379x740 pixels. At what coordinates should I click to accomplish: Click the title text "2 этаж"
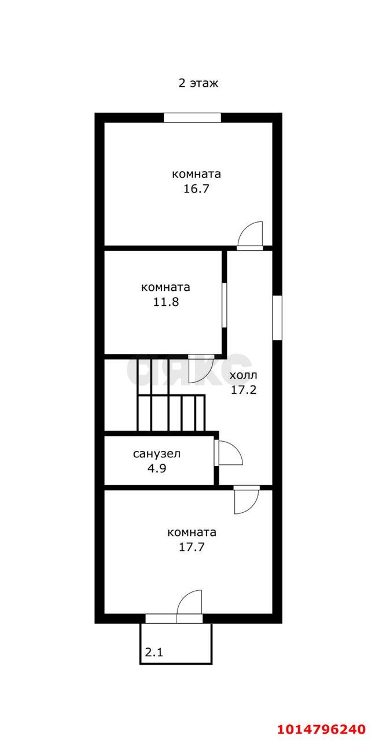tap(198, 83)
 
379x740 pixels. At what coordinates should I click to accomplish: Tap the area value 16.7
tap(197, 188)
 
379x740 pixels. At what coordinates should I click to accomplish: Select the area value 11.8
tap(165, 302)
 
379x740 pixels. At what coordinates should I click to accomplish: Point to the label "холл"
tap(243, 375)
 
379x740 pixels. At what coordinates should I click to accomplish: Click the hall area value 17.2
tap(244, 390)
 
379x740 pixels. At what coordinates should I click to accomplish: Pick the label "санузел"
tap(157, 454)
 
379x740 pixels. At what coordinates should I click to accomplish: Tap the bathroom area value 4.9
tap(157, 468)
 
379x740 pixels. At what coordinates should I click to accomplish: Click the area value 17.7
tap(192, 547)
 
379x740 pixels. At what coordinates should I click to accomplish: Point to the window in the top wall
tap(193, 117)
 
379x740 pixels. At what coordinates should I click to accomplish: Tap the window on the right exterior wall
tap(277, 317)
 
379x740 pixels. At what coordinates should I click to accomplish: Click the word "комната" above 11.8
tap(165, 287)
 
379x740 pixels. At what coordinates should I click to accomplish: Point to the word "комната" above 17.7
tap(192, 532)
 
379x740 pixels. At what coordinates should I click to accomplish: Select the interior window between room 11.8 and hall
tap(225, 305)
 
